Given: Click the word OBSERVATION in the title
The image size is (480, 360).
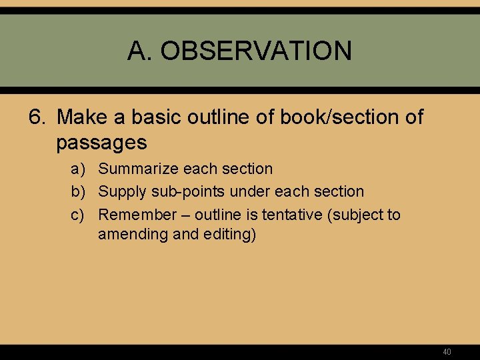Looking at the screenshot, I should coord(256,51).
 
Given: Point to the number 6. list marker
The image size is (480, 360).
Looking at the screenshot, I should coord(38,117).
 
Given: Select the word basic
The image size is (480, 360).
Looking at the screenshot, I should coord(150,117).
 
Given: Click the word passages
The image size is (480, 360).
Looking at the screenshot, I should coord(101,142).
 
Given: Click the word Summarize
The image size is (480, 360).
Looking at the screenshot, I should coord(137,169).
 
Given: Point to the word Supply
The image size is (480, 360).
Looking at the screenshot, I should coord(122,192).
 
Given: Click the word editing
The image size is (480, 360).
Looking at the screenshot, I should coord(230,235).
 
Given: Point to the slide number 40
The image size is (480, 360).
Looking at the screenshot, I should coord(447,351).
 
